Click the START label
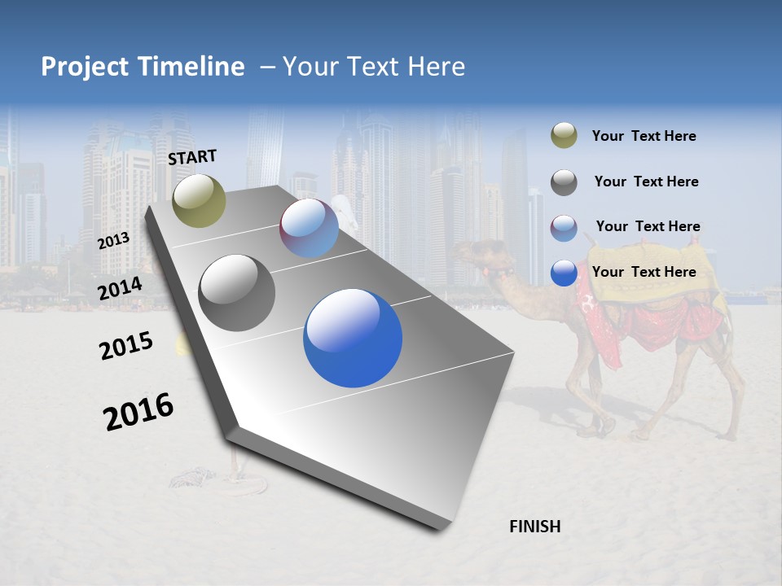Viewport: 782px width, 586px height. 192,157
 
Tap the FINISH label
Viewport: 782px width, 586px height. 534,527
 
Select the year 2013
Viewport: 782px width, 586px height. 113,240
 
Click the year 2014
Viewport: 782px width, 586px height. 121,289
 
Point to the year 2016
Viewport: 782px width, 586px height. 138,412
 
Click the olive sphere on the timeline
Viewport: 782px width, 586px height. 199,200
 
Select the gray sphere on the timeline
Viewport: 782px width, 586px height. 236,292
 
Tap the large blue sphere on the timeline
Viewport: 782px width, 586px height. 353,337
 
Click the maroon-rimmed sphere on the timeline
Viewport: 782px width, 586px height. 309,228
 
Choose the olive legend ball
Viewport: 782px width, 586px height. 564,136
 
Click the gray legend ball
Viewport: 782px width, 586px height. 564,182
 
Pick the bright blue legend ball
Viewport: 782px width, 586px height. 564,273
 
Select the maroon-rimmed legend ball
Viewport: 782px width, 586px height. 564,227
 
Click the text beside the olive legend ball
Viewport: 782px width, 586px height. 644,136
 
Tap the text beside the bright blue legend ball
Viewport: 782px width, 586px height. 644,272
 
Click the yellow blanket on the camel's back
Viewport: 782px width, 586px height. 652,285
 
